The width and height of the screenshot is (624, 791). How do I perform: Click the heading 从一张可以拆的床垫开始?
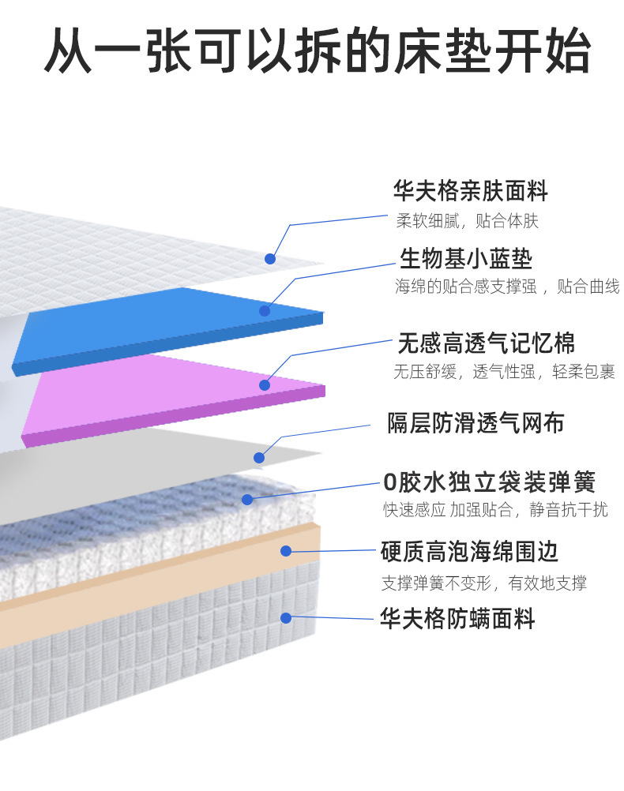click(317, 52)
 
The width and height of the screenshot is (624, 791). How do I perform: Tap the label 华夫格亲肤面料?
click(470, 191)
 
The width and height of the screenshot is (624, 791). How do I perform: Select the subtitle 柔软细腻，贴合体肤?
click(467, 220)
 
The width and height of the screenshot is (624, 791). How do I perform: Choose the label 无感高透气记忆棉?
click(486, 343)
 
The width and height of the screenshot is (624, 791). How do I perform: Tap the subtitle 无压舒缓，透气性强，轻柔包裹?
click(504, 372)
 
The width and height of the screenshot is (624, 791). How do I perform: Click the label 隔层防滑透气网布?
click(476, 423)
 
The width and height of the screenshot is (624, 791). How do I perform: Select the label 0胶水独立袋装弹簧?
click(489, 482)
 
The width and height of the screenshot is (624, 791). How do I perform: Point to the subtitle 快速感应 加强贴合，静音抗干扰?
click(495, 510)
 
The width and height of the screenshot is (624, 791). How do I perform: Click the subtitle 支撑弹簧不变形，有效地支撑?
click(483, 584)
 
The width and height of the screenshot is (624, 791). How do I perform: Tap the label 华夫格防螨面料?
click(457, 618)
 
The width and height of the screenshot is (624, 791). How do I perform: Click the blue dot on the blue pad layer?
click(265, 310)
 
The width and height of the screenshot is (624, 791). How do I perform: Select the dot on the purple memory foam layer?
click(265, 384)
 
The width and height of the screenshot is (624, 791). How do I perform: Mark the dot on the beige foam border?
click(286, 551)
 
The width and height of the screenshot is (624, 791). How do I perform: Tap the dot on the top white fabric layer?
click(270, 258)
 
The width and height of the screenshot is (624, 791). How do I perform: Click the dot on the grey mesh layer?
click(259, 457)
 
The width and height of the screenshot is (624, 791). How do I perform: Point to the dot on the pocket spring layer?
click(247, 499)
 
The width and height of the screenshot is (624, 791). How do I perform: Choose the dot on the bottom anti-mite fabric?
click(286, 618)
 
